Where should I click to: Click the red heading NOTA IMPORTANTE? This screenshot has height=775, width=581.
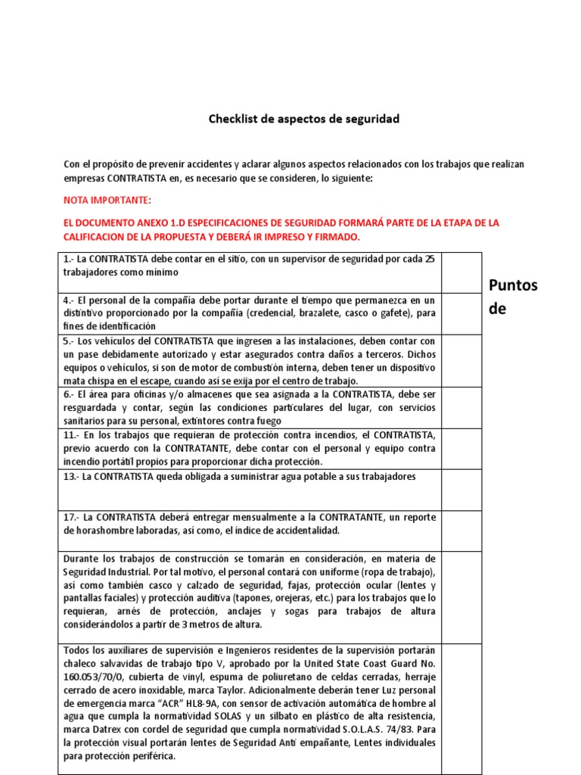[x=107, y=201]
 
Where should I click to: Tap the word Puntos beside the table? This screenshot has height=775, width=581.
[x=513, y=285]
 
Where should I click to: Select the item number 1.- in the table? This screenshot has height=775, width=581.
[x=69, y=259]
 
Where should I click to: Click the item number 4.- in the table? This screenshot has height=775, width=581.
[x=69, y=300]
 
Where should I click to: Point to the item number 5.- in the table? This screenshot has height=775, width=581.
[x=69, y=341]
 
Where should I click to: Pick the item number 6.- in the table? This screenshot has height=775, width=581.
[x=69, y=394]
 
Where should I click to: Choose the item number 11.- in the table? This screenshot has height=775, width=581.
[x=72, y=435]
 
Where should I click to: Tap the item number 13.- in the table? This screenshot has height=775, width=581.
[x=72, y=476]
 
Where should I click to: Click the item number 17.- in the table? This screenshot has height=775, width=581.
[x=72, y=517]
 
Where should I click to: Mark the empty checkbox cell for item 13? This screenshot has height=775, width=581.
[x=461, y=490]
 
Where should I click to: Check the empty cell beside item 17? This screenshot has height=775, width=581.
[x=461, y=531]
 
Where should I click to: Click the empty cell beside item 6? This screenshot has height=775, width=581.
[x=461, y=408]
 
